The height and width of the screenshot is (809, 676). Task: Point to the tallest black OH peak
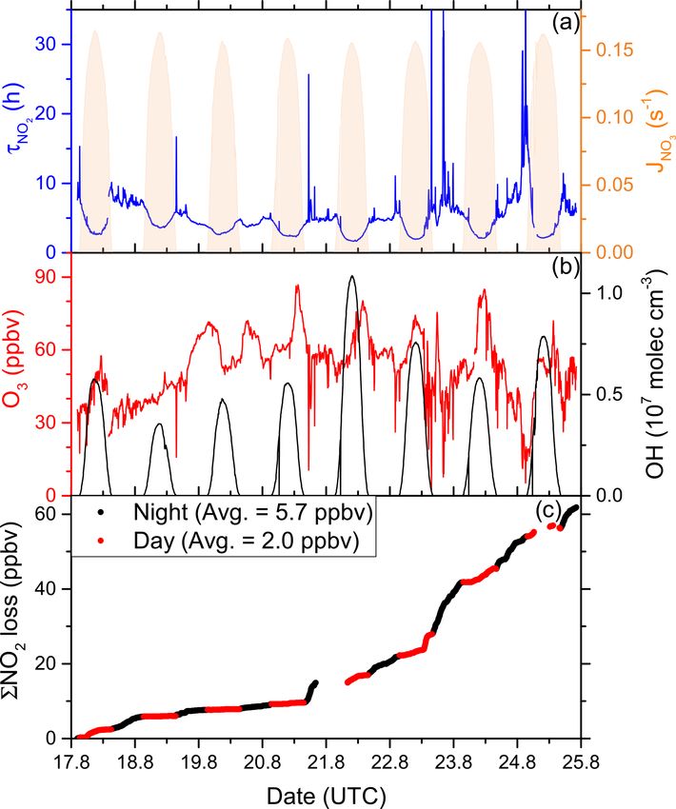pyautogui.click(x=352, y=277)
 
